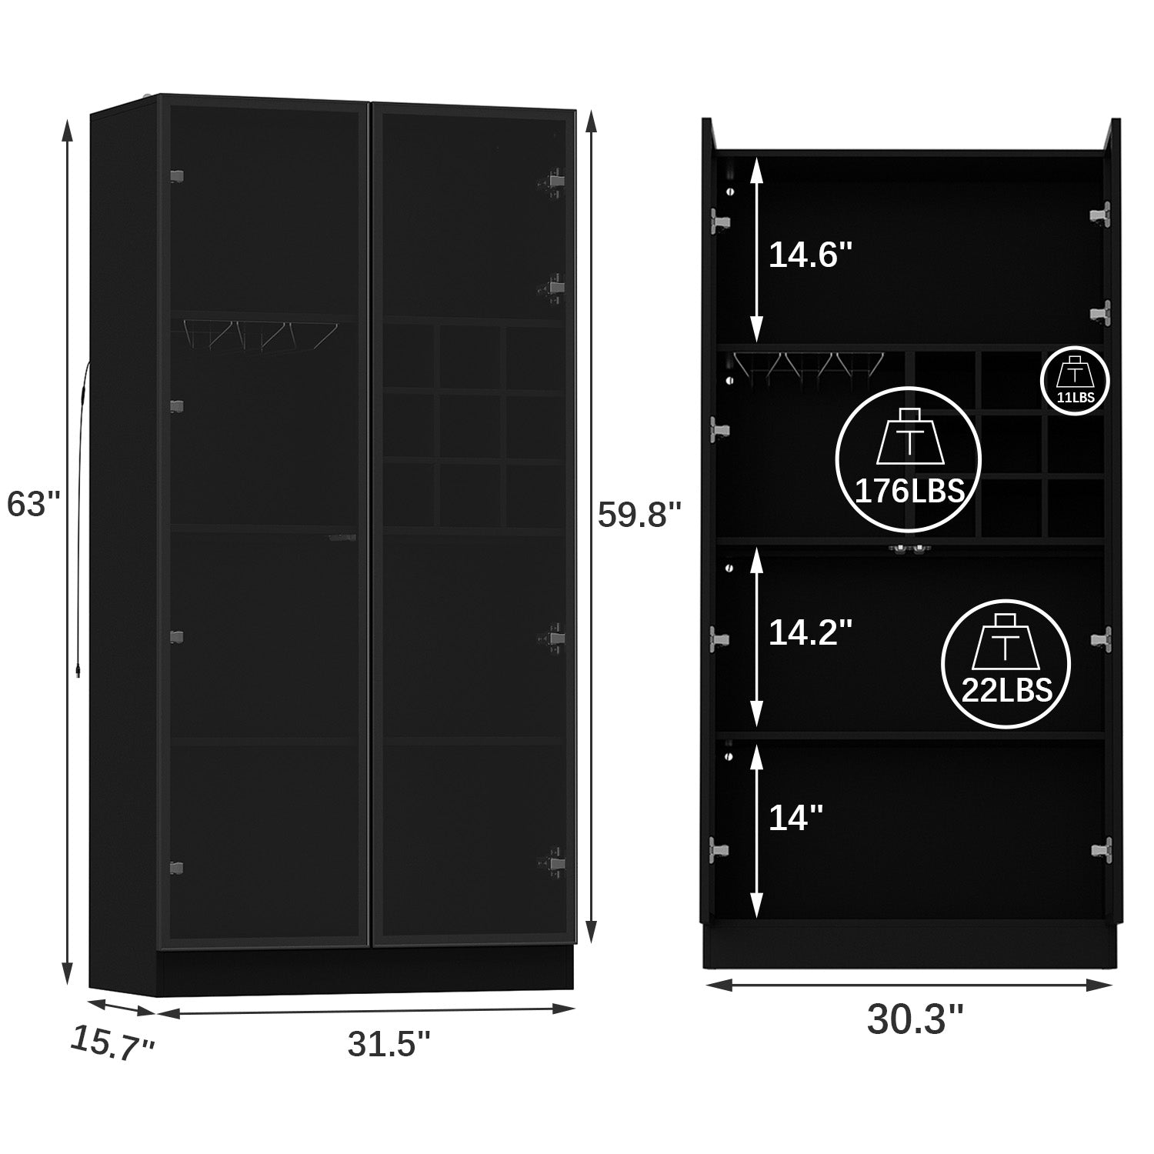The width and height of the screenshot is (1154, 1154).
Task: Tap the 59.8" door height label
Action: [640, 515]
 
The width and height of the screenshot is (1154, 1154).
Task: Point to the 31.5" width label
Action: [389, 1044]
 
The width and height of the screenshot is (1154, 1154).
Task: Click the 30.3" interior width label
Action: [915, 1019]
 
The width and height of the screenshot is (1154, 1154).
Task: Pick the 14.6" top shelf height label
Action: [811, 255]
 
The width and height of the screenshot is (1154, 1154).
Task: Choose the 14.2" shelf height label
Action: [811, 632]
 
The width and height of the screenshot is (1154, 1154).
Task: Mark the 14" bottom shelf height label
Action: [796, 817]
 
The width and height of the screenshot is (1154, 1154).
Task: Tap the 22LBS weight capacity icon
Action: [1006, 663]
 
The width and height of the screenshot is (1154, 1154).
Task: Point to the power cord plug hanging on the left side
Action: [79, 671]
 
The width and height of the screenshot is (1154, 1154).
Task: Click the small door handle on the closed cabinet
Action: [343, 538]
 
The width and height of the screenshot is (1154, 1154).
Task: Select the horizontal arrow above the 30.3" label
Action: [909, 982]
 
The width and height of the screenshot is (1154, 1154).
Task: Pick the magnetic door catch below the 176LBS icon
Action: [908, 549]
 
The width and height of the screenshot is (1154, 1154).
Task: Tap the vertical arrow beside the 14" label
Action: [757, 828]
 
